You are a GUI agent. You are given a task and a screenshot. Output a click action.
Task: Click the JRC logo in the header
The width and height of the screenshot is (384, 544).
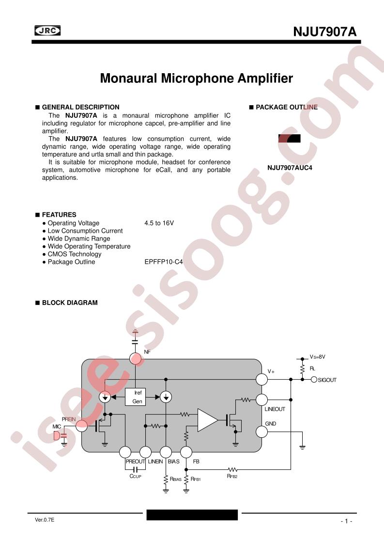(x=47, y=31)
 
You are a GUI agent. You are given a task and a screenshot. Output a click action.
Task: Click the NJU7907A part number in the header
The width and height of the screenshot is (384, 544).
(x=325, y=32)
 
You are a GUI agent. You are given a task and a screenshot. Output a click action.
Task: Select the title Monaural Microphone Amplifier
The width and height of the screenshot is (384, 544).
(x=197, y=78)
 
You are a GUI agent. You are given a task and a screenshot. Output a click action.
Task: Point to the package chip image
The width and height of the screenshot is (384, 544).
(x=290, y=139)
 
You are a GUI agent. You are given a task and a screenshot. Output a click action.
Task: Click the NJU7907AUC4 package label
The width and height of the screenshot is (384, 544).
(x=290, y=168)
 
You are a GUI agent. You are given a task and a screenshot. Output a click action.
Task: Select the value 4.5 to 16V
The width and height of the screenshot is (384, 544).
(x=159, y=223)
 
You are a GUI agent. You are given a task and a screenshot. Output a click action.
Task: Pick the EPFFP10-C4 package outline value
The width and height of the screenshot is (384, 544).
(x=164, y=262)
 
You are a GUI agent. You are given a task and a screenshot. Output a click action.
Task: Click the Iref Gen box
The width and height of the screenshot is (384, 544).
(x=136, y=397)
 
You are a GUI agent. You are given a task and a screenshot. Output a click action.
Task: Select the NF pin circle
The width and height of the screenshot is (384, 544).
(x=136, y=359)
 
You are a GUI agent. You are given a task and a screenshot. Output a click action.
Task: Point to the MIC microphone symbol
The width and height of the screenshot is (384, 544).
(x=57, y=436)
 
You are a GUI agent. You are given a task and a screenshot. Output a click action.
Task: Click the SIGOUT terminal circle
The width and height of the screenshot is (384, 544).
(x=314, y=380)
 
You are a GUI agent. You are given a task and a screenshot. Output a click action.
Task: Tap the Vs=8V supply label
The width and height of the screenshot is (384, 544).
(x=318, y=357)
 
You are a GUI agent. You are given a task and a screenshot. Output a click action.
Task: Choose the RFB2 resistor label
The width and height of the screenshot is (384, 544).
(x=232, y=476)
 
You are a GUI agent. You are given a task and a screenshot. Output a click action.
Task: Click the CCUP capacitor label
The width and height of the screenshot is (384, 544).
(x=136, y=476)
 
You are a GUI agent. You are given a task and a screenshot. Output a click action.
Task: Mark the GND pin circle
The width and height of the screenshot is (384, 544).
(x=261, y=432)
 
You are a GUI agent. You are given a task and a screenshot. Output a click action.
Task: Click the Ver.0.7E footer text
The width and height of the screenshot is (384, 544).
(x=45, y=520)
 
